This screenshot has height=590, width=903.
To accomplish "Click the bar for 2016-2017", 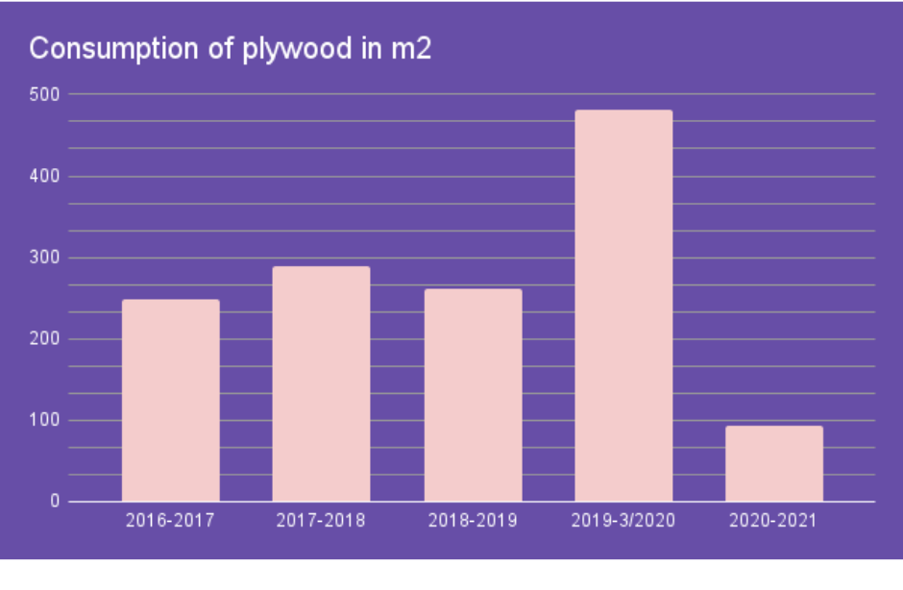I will coord(171,401).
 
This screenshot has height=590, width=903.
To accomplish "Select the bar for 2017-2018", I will coord(321,384).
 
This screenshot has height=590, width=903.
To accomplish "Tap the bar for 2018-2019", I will coord(473,395).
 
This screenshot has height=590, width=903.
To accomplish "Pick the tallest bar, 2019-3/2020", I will coord(623,306).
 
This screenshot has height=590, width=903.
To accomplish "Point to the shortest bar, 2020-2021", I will coord(774,463).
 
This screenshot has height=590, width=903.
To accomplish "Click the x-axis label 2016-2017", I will coord(170,521).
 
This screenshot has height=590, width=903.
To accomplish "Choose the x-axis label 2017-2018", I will coord(321,521).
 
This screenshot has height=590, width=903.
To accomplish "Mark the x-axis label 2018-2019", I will coord(473,521).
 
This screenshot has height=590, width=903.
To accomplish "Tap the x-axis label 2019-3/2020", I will coord(623,521).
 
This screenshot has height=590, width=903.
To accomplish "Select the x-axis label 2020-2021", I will coord(774,521).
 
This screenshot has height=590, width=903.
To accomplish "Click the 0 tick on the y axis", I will coord(54,502).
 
